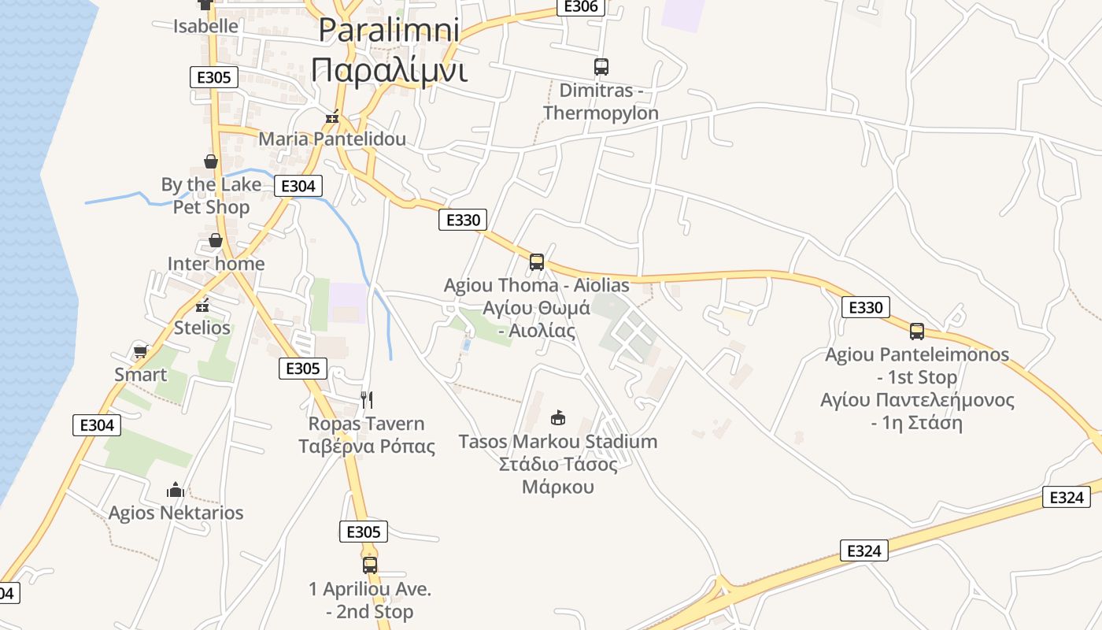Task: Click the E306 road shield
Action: (x=582, y=7)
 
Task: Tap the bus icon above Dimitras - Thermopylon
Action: (x=601, y=67)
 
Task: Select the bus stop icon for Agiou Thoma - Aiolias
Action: (x=537, y=262)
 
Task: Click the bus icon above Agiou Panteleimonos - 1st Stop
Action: (x=917, y=331)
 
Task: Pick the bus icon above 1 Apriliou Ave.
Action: (x=370, y=565)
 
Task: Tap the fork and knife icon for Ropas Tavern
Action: (x=366, y=400)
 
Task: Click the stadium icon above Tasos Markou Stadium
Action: (x=558, y=417)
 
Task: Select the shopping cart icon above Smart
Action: (x=141, y=351)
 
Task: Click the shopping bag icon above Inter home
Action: (x=216, y=240)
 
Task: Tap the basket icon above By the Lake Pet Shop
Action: (x=211, y=161)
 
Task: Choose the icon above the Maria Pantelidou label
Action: (x=332, y=117)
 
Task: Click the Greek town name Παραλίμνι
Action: (x=389, y=69)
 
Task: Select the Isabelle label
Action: (x=205, y=26)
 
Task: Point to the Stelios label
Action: (x=202, y=328)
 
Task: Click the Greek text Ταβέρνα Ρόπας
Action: (x=367, y=447)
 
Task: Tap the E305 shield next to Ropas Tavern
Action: (x=302, y=368)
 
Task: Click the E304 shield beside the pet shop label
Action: (x=298, y=186)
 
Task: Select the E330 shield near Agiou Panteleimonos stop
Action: (x=866, y=307)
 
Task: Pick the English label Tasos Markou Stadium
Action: (x=558, y=441)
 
